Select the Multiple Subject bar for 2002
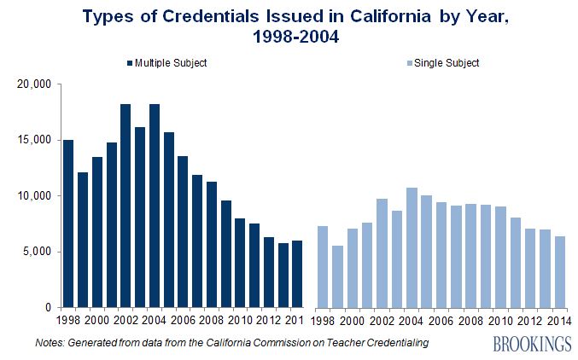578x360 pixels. coord(126,206)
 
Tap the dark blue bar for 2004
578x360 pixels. coord(155,206)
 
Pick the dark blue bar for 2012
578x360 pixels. coord(269,272)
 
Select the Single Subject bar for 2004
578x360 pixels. coord(411,247)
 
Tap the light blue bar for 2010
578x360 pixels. coord(501,257)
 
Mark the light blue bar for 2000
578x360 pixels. coord(353,268)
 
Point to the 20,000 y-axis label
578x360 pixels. coord(35,84)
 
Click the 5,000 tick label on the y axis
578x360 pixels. coord(38,252)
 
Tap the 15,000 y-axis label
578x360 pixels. coord(35,140)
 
